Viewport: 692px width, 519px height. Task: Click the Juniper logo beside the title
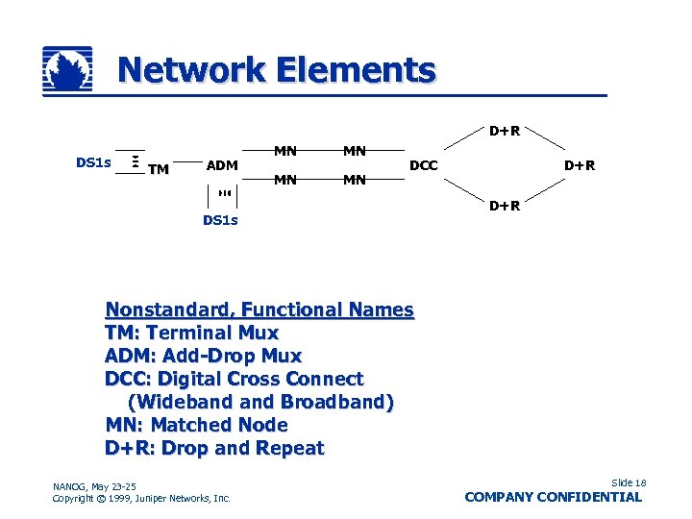67,70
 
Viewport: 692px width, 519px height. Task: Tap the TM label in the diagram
159,170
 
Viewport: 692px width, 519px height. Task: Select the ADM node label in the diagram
222,165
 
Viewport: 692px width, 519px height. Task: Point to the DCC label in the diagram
424,165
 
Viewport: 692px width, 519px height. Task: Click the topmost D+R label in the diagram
505,130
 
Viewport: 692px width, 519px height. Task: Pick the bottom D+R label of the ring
505,205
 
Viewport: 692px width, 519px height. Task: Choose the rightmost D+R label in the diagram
580,165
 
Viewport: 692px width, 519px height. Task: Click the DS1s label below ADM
220,220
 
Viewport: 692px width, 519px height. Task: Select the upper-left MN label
285,150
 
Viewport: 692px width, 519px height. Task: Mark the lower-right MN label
355,179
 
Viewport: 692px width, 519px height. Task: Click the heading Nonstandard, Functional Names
259,310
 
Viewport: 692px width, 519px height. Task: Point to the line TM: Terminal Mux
192,334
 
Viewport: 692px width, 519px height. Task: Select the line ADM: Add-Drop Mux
204,357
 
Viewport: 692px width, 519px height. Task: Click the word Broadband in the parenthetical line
337,402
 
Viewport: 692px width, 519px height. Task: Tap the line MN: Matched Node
197,425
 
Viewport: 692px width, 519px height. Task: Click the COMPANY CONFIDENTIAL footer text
553,497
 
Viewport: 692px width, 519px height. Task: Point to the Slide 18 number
629,482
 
